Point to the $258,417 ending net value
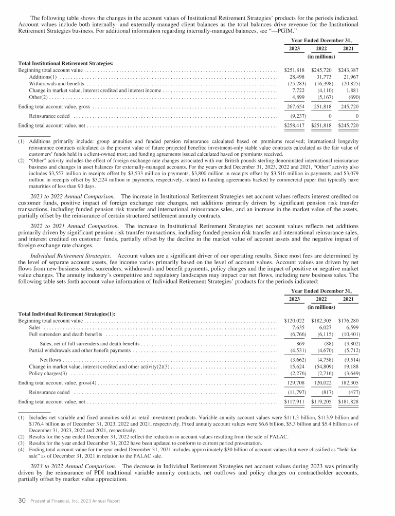295,125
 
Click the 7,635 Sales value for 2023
298,327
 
